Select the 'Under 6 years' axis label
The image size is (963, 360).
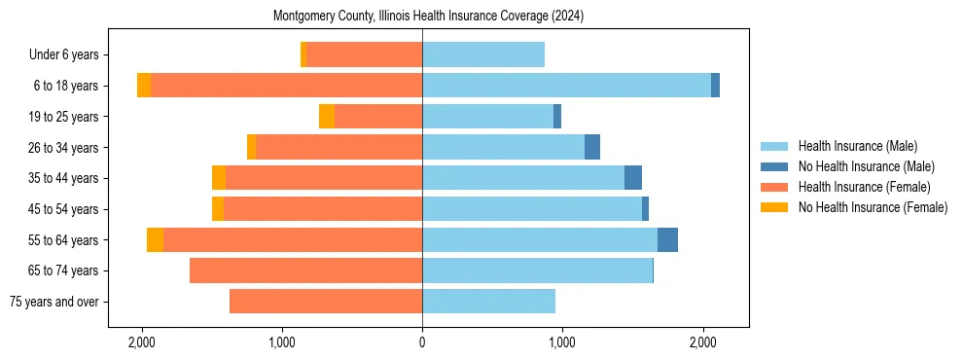(69, 55)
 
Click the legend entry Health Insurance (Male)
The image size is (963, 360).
(857, 146)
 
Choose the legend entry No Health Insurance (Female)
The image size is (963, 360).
(873, 207)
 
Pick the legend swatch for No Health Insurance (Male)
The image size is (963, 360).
(774, 166)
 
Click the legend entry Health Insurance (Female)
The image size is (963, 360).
(864, 187)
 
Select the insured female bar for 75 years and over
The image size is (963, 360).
(326, 302)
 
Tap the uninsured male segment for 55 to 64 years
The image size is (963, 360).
(667, 240)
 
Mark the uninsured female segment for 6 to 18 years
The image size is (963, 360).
(144, 86)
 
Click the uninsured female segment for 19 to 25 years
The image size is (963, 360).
(327, 117)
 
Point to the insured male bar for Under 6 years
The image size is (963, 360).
(483, 55)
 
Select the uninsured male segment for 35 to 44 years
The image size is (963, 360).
(633, 178)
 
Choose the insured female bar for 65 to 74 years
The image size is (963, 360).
(305, 270)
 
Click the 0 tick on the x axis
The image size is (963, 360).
(422, 343)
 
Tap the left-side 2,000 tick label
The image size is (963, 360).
(142, 343)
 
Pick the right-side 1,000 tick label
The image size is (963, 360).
(561, 343)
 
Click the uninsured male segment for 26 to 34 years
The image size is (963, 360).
(592, 148)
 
